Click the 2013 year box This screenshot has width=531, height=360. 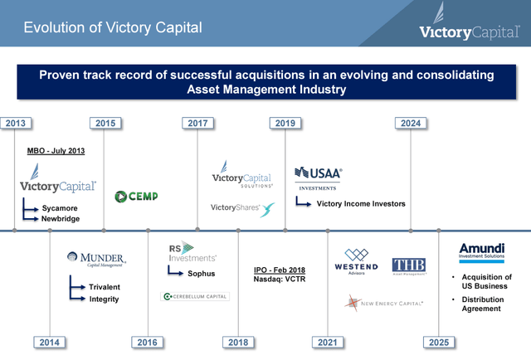click(x=15, y=124)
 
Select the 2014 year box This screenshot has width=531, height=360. click(x=50, y=342)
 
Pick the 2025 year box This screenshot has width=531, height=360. click(x=438, y=342)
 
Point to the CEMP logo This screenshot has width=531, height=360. click(x=136, y=197)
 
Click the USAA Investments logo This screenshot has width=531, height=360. click(x=318, y=177)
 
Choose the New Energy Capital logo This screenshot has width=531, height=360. click(x=383, y=304)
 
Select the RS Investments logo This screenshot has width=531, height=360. click(x=192, y=251)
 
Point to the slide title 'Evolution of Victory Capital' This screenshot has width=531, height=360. click(x=112, y=28)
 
